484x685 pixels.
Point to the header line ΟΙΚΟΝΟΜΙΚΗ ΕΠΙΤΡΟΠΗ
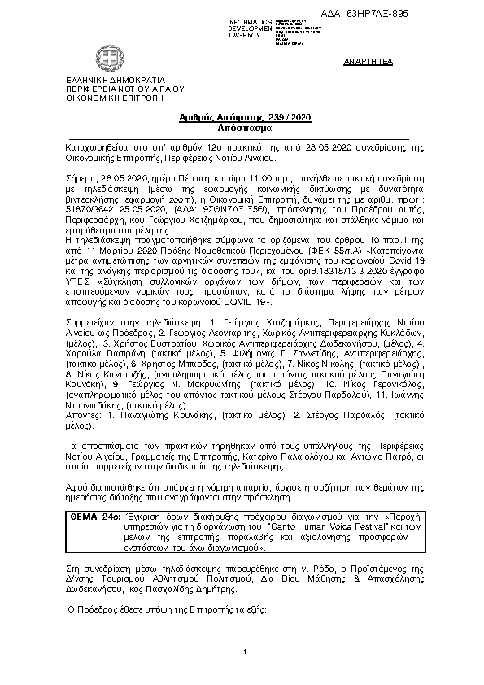tap(103, 96)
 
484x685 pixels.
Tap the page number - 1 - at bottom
tap(247, 652)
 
